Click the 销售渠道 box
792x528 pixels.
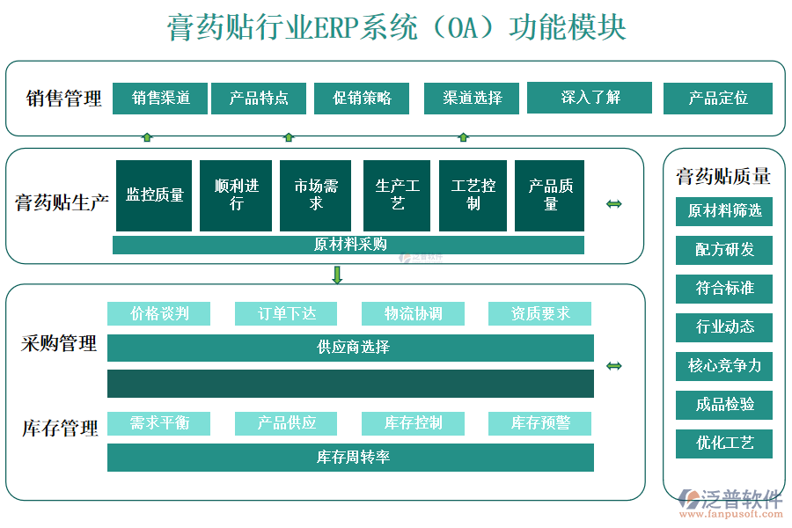pos(159,98)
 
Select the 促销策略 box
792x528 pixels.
pos(361,98)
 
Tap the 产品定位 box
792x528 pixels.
pos(717,98)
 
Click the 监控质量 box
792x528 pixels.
pos(154,194)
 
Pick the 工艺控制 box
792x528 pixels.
pos(473,194)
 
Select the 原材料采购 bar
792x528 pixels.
pos(348,245)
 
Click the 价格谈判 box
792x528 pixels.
pos(159,313)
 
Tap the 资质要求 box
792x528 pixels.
pos(539,313)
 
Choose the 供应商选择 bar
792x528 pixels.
pos(350,348)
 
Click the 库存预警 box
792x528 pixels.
pos(539,423)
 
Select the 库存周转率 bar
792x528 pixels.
pos(350,458)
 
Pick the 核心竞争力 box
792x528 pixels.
pos(723,365)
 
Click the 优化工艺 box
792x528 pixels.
pos(723,443)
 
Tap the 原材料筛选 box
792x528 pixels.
pos(723,210)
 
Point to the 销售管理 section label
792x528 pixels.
pos(63,98)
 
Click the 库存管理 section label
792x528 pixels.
pos(59,429)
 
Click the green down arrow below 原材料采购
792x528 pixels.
pos(337,275)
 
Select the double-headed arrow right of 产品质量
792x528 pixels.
pos(614,204)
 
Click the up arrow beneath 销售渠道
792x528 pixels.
pos(147,137)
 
